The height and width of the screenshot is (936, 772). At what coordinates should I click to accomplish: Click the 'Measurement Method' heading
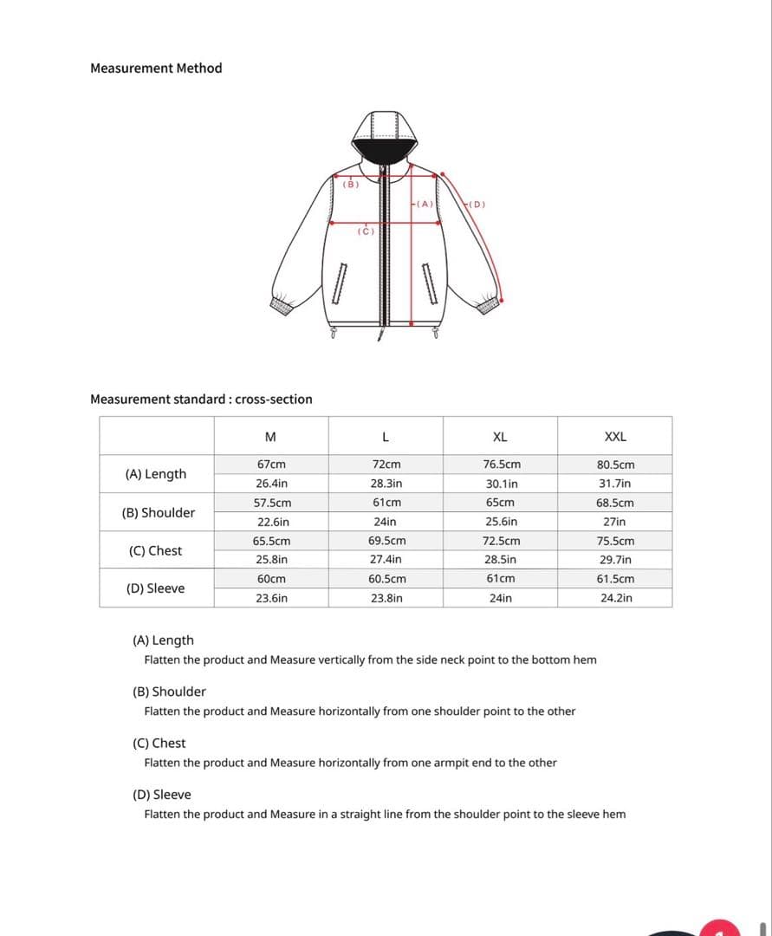pos(156,68)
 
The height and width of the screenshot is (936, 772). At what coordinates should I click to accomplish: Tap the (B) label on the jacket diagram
pos(350,185)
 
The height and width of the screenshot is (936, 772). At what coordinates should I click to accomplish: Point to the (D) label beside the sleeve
pos(477,205)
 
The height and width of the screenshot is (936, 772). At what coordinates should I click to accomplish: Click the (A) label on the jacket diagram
pos(425,204)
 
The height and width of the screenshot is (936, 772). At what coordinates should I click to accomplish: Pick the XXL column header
pos(615,437)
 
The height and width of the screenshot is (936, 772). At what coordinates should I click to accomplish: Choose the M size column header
pos(270,437)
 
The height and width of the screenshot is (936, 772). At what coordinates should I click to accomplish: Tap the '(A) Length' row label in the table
pos(156,474)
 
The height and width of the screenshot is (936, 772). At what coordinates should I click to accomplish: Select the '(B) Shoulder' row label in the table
pos(159,512)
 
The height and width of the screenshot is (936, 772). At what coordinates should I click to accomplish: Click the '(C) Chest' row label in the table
pos(155,550)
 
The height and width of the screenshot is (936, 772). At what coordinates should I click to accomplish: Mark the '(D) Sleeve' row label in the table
pos(156,588)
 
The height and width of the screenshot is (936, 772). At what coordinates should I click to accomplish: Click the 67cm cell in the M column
pos(271,465)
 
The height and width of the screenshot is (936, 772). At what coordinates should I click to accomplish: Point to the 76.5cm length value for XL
pos(502,465)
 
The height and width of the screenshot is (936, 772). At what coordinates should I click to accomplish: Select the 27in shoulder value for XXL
pos(615,522)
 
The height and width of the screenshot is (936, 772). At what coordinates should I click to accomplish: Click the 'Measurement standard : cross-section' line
pos(201,400)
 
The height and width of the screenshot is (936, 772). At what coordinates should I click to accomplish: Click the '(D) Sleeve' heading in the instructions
pos(162,795)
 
